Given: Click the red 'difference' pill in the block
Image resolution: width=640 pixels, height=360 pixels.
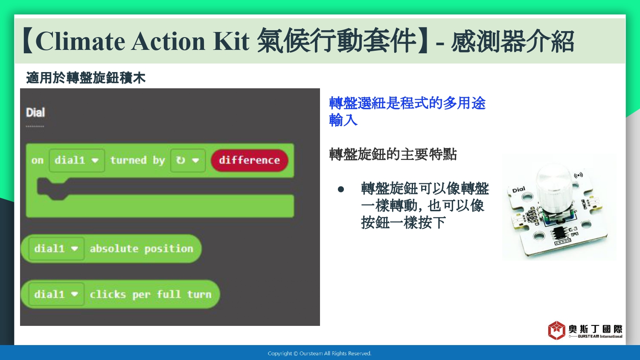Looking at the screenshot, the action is tap(250, 160).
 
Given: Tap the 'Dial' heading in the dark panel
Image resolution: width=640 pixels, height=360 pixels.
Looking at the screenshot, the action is tap(35, 113).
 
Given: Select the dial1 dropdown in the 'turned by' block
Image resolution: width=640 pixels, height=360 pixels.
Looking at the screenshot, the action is tap(76, 160).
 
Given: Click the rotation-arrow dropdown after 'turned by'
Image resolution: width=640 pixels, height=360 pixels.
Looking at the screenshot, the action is tap(188, 160).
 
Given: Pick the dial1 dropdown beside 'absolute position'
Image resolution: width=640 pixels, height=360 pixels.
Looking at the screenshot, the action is tap(56, 249).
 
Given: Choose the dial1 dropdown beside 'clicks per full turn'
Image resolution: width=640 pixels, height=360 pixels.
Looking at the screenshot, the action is tap(56, 294).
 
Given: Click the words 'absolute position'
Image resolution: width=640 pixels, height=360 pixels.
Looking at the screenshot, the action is tap(141, 249).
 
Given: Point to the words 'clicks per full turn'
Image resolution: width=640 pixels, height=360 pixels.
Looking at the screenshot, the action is tap(151, 295).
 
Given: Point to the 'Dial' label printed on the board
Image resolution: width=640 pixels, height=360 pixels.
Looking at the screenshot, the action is tap(518, 190).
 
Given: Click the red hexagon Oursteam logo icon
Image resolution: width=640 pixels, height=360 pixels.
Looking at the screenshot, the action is tap(556, 330).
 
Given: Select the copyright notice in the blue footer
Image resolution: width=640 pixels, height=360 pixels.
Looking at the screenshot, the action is tap(320, 354).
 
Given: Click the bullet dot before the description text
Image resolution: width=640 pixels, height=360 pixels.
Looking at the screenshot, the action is tap(340, 189).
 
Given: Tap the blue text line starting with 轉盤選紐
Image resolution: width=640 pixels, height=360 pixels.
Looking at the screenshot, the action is tap(407, 103).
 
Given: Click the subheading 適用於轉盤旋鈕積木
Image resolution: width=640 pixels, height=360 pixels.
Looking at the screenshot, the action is tap(86, 78).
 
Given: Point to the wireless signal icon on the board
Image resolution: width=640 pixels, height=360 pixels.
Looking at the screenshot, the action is tap(578, 175).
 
